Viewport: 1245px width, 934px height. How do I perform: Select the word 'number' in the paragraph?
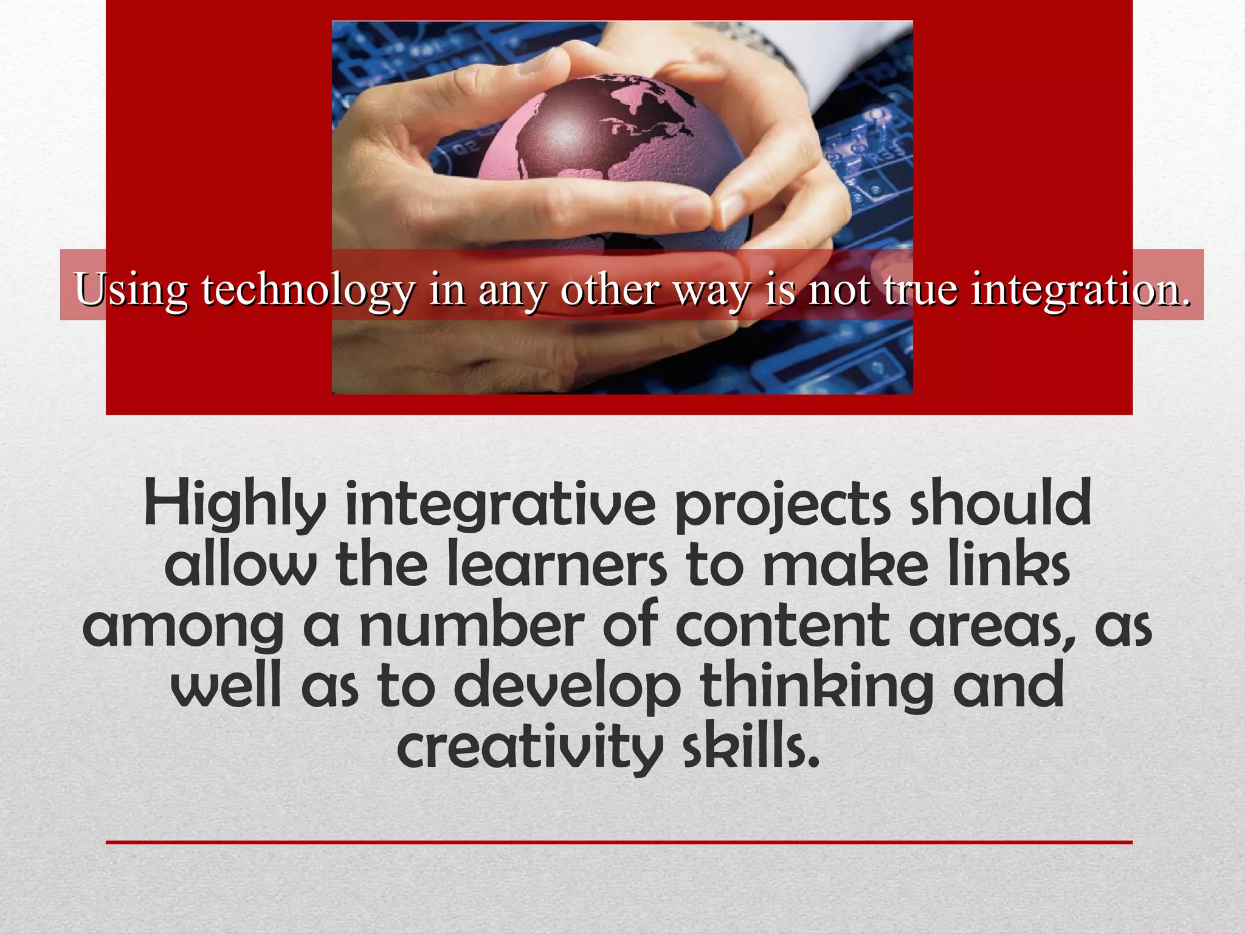tap(471, 626)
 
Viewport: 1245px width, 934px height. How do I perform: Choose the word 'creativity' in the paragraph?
tap(529, 748)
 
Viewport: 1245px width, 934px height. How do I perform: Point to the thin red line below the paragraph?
tap(619, 842)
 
